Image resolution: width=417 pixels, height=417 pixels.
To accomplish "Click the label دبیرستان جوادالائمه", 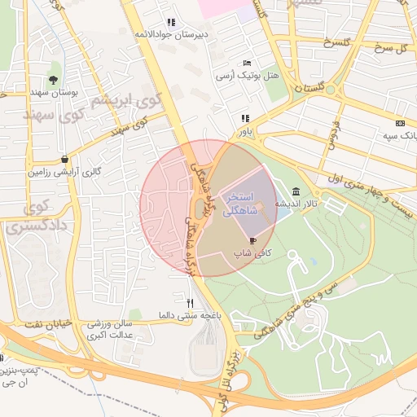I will (172, 34).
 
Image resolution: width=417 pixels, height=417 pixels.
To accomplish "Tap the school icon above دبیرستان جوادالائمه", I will (171, 22).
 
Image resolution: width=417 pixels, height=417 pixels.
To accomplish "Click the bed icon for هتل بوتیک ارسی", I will (247, 64).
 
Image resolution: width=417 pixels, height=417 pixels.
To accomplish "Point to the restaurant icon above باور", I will (245, 118).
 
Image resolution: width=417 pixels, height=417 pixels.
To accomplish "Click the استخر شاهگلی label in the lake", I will (241, 204).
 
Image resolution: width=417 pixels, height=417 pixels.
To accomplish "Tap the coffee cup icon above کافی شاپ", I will (252, 241).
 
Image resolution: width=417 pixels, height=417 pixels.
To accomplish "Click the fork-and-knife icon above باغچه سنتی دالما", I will (190, 302).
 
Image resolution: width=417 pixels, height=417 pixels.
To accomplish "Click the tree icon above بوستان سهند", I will (53, 80).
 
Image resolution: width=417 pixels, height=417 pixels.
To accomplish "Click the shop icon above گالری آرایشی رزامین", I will (64, 159).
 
